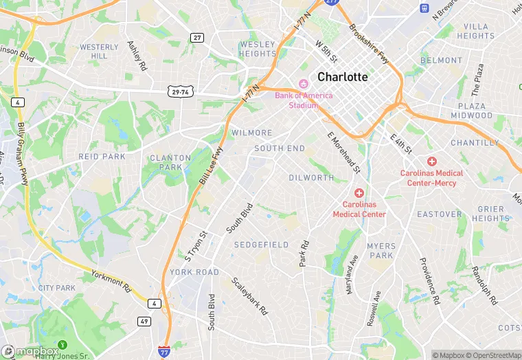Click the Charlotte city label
pos(343,77)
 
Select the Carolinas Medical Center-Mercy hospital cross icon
pos(431,161)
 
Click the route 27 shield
pos(197,38)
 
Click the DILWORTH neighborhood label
pos(311,177)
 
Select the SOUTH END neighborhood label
pos(280,148)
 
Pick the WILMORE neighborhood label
pos(252,133)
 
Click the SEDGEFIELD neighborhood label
pos(261,245)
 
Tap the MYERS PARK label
pos(381,251)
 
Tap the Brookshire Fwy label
pos(369,44)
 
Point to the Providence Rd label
pos(429,281)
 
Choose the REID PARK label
pos(102,157)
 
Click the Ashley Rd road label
pos(137,56)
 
